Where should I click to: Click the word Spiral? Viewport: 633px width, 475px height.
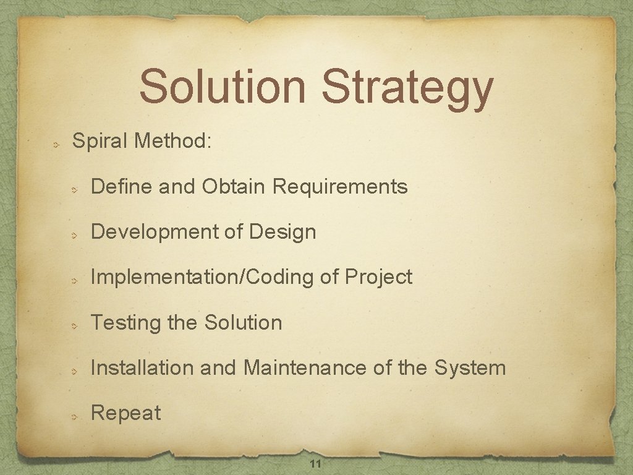point(100,141)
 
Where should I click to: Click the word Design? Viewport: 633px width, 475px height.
point(283,232)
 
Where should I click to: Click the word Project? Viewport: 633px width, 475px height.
point(378,278)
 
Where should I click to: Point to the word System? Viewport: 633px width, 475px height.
point(470,369)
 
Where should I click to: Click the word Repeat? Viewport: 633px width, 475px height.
point(125,413)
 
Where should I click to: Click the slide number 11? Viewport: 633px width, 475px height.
point(315,464)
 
